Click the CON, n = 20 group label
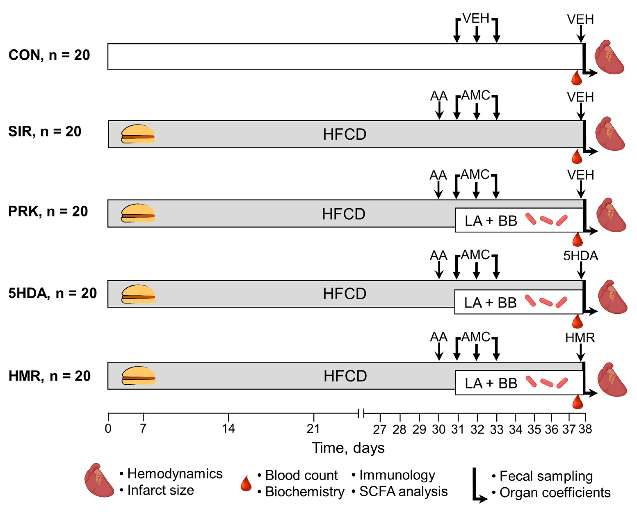pos(49,55)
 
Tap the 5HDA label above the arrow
pos(581,256)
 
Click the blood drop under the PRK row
pos(578,240)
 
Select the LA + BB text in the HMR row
pos(491,383)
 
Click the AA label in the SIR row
pos(439,96)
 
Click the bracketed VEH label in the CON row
pos(476,19)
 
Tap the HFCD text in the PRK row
pos(344,214)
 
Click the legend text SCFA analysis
pos(403,492)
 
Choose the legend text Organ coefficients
pos(555,493)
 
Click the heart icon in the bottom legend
pos(99,481)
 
